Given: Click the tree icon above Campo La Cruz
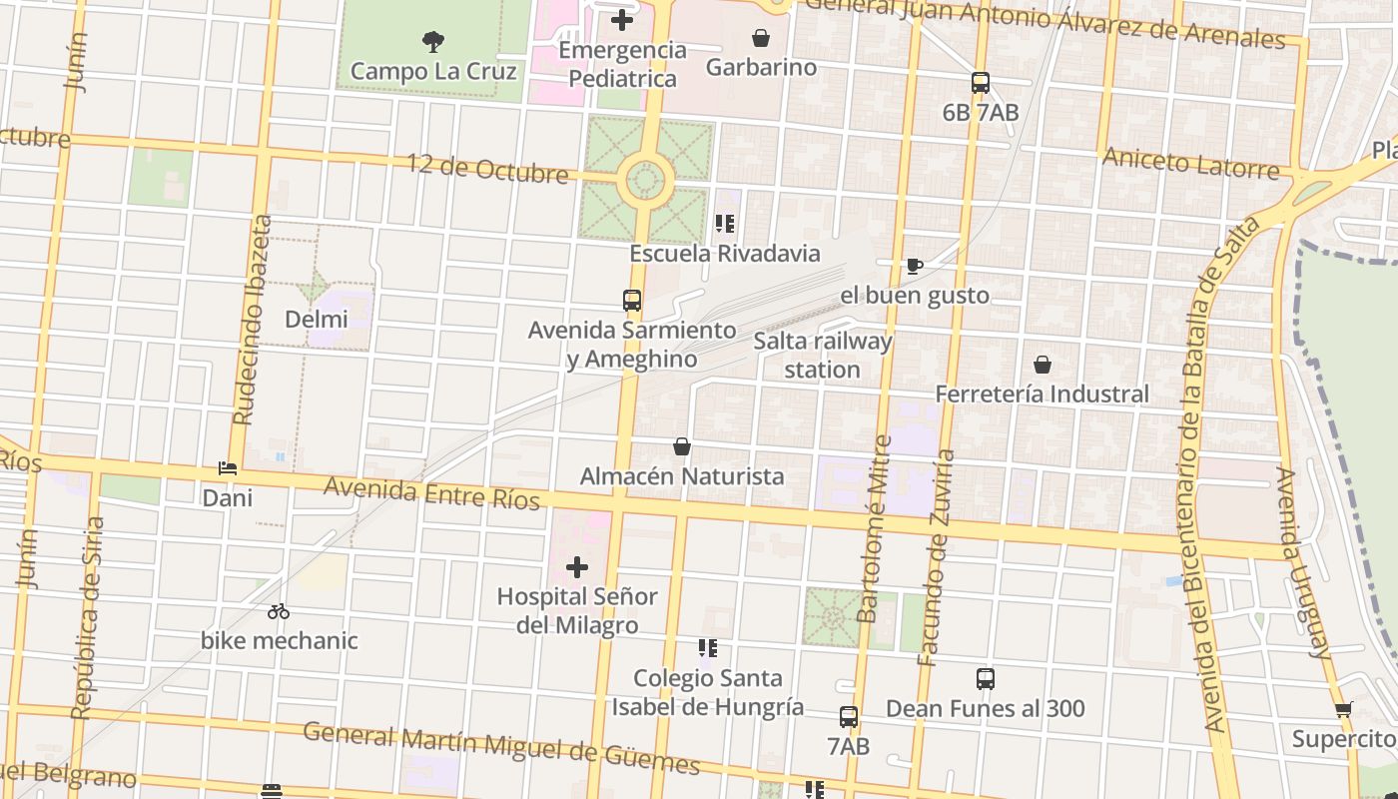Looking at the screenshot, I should [x=432, y=42].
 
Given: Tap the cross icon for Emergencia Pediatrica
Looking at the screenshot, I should [x=622, y=20].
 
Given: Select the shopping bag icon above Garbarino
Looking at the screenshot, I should [x=761, y=38].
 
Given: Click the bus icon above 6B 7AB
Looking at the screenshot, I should [x=980, y=83].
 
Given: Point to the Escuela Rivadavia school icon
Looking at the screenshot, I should [x=725, y=224].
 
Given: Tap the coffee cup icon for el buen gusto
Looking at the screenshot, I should [x=914, y=266].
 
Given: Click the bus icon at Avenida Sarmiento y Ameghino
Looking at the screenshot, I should [x=631, y=301].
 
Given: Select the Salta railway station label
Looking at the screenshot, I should [x=822, y=356].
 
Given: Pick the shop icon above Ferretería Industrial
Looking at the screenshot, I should [x=1042, y=365].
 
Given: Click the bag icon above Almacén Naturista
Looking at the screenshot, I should [x=682, y=446].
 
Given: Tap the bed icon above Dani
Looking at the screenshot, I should [x=228, y=468].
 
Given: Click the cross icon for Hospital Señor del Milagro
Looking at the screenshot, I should [x=576, y=568].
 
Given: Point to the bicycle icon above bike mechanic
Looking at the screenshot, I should [x=279, y=611].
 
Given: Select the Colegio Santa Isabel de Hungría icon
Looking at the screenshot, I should [x=708, y=649].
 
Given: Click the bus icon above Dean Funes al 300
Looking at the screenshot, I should [x=985, y=679].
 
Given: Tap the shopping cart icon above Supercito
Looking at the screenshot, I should [x=1343, y=710].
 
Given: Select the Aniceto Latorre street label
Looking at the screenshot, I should [x=1190, y=163].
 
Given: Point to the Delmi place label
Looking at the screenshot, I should [x=317, y=320].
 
